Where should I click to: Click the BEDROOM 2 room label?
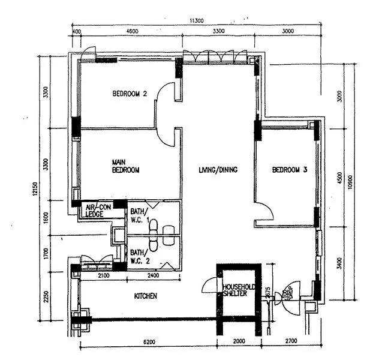pyautogui.click(x=130, y=94)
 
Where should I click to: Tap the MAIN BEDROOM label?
pyautogui.click(x=126, y=166)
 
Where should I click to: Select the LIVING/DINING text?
pyautogui.click(x=218, y=170)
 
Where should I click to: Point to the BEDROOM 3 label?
pyautogui.click(x=290, y=170)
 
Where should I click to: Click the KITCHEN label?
pyautogui.click(x=145, y=296)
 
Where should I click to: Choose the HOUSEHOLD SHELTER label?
pyautogui.click(x=239, y=290)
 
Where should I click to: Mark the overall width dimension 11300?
pyautogui.click(x=196, y=20)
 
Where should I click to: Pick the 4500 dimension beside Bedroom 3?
pyautogui.click(x=340, y=178)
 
